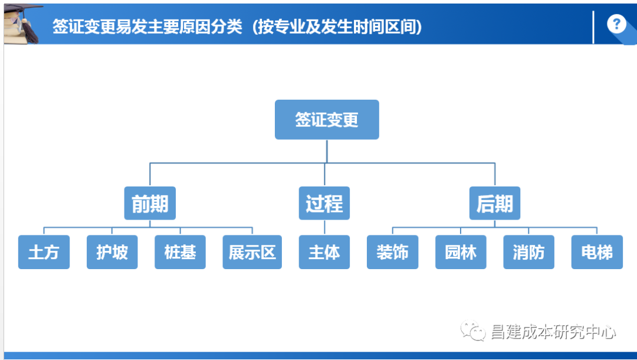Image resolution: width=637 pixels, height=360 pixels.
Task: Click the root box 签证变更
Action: [327, 120]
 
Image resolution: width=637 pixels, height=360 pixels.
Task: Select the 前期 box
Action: [150, 203]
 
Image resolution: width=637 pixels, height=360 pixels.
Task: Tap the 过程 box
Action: [324, 203]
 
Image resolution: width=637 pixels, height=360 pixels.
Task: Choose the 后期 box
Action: [495, 203]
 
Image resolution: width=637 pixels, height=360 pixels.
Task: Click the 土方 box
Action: [44, 252]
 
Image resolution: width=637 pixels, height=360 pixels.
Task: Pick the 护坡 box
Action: [112, 252]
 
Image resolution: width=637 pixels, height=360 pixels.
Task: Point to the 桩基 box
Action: [180, 252]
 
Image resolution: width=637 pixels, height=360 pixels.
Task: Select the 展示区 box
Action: [252, 252]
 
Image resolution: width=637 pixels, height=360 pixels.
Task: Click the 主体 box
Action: [324, 252]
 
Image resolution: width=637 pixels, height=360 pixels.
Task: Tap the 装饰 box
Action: [392, 252]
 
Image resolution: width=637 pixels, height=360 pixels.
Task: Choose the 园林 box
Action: [461, 252]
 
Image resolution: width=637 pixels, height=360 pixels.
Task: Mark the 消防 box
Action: [528, 252]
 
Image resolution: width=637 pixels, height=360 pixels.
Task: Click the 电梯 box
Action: [597, 252]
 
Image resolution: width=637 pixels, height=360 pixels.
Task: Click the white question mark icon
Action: [617, 24]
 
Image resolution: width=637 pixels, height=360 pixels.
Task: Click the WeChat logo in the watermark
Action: [473, 330]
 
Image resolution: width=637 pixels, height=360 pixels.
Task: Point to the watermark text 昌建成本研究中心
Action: [553, 332]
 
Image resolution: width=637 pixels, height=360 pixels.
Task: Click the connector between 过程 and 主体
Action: [324, 228]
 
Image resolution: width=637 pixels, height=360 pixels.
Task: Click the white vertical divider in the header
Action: [593, 27]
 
